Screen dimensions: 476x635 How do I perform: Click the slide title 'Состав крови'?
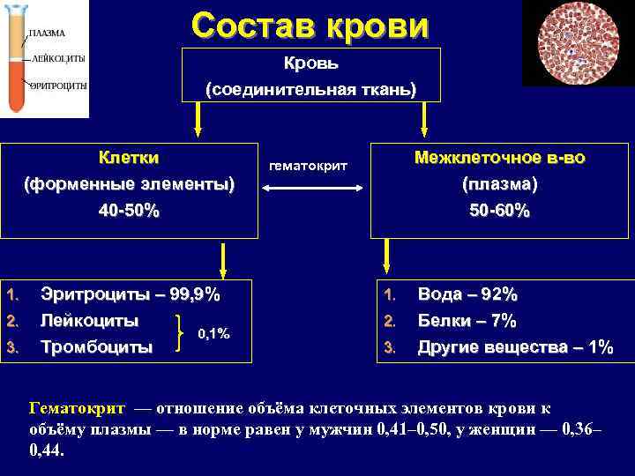(310, 25)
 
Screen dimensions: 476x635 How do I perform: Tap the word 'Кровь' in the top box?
(310, 63)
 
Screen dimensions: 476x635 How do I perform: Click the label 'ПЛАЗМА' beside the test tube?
(48, 33)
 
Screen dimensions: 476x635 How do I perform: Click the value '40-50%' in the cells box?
(129, 211)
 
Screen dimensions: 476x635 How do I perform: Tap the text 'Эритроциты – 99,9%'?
(131, 294)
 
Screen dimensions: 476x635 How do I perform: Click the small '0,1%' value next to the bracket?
(213, 333)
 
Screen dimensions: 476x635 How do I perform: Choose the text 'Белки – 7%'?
(467, 320)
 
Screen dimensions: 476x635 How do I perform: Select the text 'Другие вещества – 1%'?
(515, 346)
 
